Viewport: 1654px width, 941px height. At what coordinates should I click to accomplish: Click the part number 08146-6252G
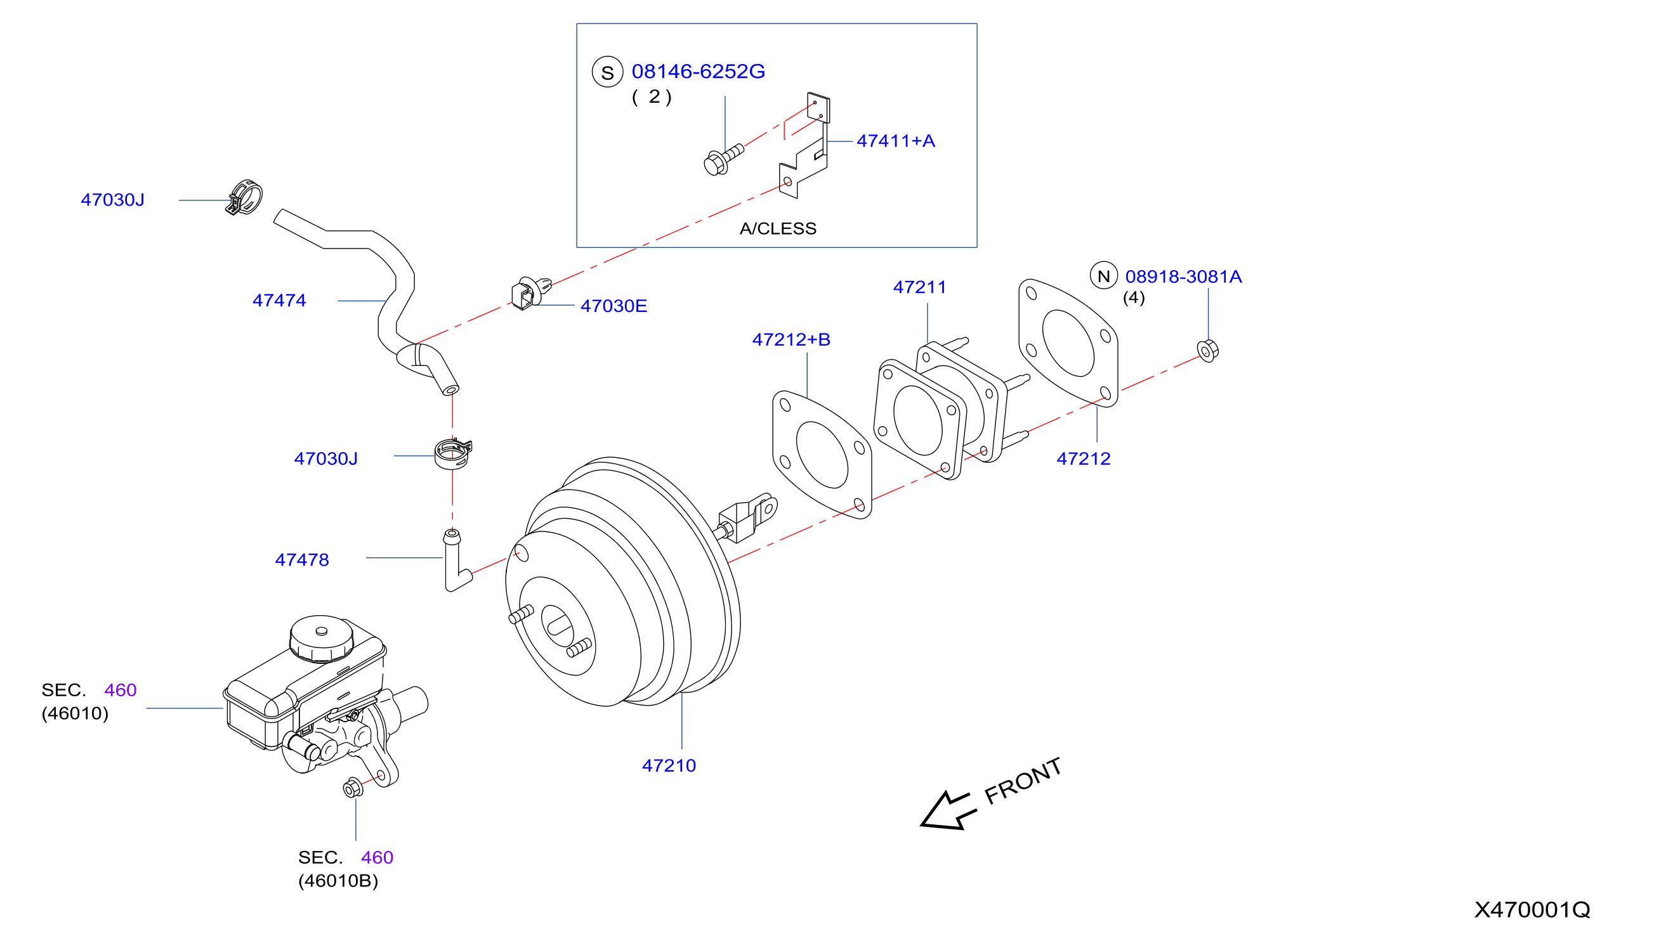[698, 71]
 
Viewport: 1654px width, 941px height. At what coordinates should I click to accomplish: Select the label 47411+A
[896, 141]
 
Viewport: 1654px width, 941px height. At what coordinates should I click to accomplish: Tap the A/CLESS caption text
[778, 228]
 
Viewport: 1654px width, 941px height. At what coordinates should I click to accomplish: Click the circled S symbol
[607, 72]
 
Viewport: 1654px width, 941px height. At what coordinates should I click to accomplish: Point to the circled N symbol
[1104, 276]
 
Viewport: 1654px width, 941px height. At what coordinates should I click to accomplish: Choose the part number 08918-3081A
[1183, 276]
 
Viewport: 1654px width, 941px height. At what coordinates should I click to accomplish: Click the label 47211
[919, 287]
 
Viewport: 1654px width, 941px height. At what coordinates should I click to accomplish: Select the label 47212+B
[791, 339]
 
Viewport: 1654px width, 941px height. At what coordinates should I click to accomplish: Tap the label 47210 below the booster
[669, 765]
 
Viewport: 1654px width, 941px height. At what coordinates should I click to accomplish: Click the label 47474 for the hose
[279, 300]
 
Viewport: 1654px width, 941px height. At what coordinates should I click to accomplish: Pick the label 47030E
[614, 306]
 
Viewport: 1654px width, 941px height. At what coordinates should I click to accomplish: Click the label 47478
[301, 560]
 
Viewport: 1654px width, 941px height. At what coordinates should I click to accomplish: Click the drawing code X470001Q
[1532, 909]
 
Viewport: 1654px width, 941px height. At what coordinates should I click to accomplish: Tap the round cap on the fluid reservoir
[322, 638]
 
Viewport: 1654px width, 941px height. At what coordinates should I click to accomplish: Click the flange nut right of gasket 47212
[1207, 351]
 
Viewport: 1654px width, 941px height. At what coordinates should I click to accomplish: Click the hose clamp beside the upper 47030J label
[244, 197]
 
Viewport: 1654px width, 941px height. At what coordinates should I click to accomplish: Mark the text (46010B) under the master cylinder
[338, 880]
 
